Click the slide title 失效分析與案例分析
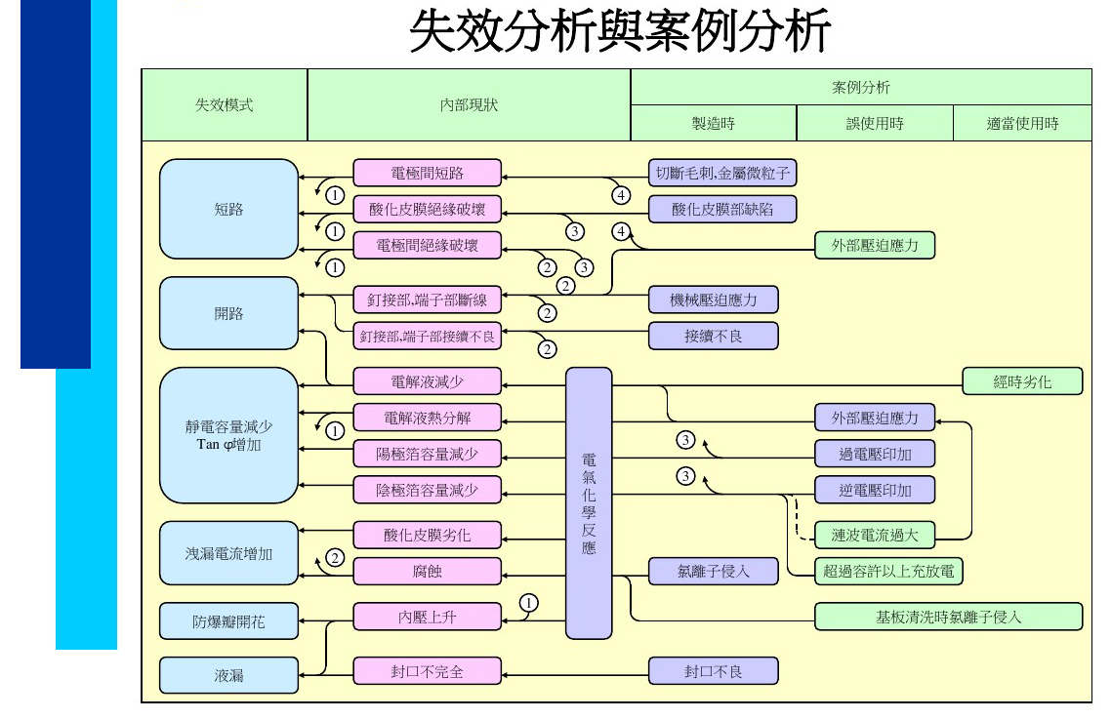pos(619,32)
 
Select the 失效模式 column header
pos(225,104)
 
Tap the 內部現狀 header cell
pos(469,104)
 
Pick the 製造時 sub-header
pos(714,124)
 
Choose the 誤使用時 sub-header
pos(875,124)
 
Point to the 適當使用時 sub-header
pos(1022,124)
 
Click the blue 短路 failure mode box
pos(228,209)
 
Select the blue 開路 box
pos(228,313)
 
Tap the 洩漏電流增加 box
pos(228,554)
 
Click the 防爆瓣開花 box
pos(228,621)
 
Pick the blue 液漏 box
pos(228,675)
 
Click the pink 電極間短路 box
pos(428,174)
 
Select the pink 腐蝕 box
pos(428,571)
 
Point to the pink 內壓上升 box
pos(428,617)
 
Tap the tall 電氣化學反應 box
pos(589,502)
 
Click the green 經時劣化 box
pos(1022,381)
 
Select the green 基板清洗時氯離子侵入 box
pos(948,617)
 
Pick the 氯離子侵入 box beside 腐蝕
pos(714,571)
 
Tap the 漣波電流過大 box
pos(875,535)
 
